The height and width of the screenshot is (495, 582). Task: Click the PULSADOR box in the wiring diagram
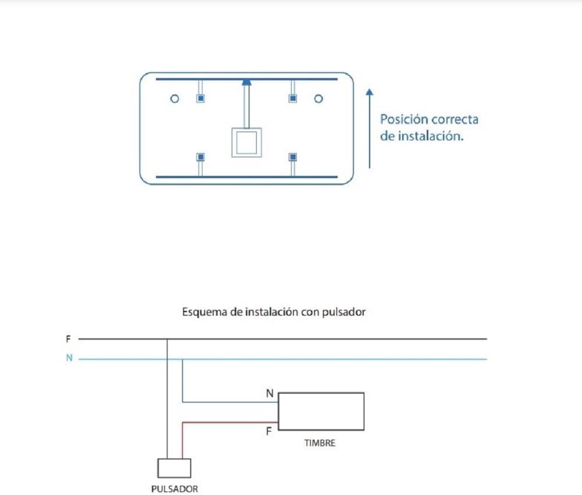pos(175,468)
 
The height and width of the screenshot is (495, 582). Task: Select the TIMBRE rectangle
pos(321,411)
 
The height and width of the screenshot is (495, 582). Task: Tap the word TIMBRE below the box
pos(320,443)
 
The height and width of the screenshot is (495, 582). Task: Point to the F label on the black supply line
pos(69,338)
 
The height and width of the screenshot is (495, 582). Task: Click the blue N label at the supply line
pos(69,359)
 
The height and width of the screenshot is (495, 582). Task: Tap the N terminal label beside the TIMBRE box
pos(269,394)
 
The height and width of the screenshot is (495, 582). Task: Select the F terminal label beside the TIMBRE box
pos(269,432)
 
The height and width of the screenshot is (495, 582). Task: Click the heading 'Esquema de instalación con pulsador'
pos(274,312)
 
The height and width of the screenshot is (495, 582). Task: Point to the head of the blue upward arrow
pos(370,92)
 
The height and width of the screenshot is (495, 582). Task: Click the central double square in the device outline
pos(247,142)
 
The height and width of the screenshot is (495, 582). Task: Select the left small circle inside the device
pos(174,99)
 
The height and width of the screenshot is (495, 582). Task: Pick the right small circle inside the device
pos(318,99)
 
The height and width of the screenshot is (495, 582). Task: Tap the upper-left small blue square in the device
pos(200,98)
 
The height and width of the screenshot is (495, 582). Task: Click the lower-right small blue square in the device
pos(293,157)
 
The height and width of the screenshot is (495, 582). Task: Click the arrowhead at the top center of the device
pos(247,83)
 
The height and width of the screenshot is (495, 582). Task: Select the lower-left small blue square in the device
pos(200,157)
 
